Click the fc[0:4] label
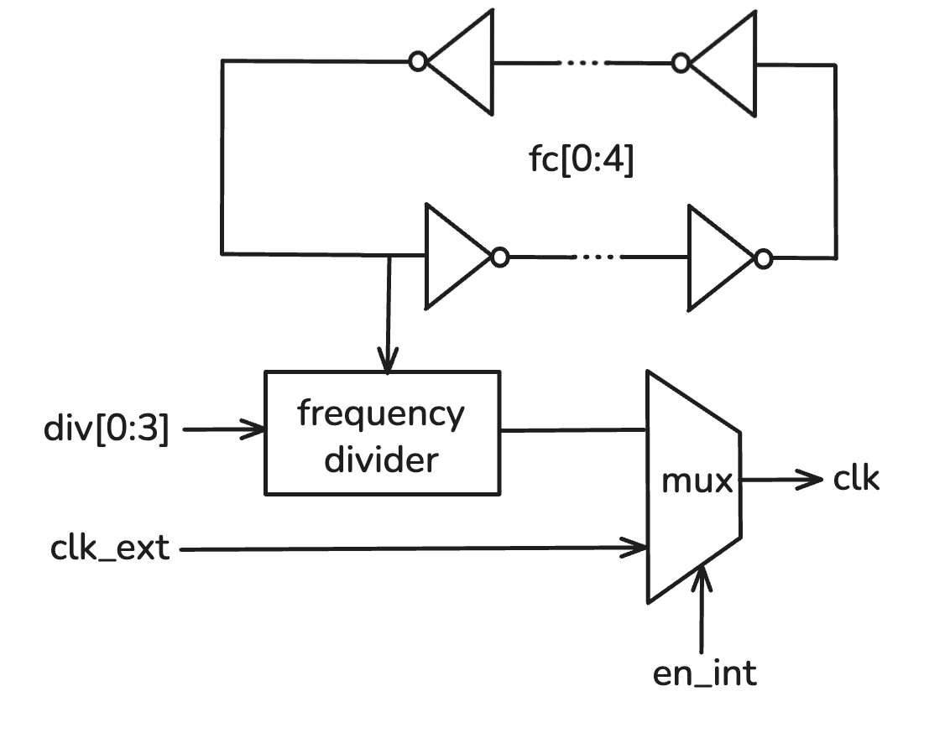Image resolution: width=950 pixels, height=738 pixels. click(x=580, y=160)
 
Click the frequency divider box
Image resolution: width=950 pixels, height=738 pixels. click(x=382, y=434)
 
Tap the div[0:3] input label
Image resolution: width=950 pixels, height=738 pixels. click(x=106, y=430)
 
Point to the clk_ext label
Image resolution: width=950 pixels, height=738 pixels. click(x=109, y=550)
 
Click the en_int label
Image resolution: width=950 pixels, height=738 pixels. click(x=704, y=674)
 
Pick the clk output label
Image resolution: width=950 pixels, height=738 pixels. click(x=856, y=479)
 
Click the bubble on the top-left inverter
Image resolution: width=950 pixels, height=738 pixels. click(x=418, y=61)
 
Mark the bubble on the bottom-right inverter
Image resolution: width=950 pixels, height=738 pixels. click(x=762, y=258)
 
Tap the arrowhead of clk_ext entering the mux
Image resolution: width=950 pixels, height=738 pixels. click(x=638, y=549)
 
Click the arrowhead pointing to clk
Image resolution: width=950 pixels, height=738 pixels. click(x=812, y=480)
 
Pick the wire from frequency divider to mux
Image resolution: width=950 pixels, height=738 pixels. click(x=572, y=430)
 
